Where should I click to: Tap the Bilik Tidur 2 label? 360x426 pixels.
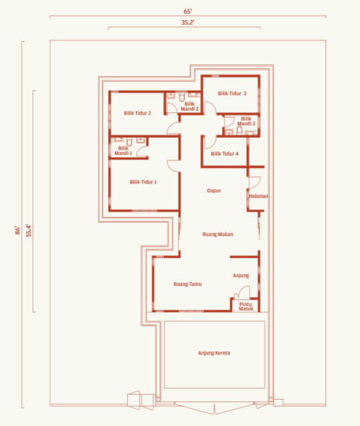click(x=137, y=113)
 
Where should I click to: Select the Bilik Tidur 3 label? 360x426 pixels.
click(x=232, y=93)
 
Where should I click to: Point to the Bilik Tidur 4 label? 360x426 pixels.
click(x=225, y=154)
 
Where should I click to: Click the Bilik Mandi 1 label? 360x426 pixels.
click(x=124, y=150)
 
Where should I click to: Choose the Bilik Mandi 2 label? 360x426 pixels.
click(x=190, y=107)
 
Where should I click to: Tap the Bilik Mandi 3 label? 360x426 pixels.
click(x=247, y=122)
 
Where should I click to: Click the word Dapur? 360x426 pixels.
click(x=214, y=191)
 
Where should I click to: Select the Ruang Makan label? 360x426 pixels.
click(x=218, y=234)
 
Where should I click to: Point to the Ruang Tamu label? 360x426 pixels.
click(x=188, y=284)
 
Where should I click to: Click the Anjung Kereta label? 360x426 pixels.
click(x=214, y=353)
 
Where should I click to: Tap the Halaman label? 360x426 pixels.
click(x=259, y=197)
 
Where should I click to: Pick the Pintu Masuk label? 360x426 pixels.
click(x=246, y=306)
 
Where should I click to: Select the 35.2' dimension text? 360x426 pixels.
click(x=187, y=24)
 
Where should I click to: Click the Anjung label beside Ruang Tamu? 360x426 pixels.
click(x=241, y=276)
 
